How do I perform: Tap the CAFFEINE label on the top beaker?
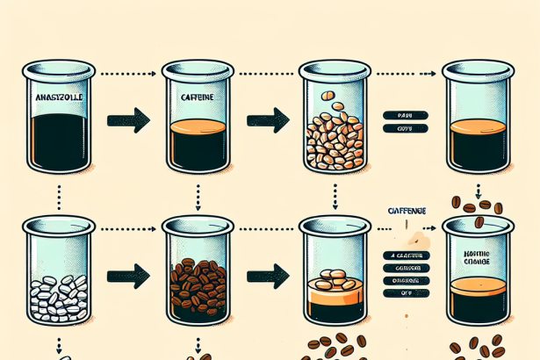click(x=194, y=100)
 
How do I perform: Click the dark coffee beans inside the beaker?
click(x=195, y=284)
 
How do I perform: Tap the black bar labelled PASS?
click(x=404, y=114)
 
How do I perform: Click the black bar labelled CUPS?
click(x=404, y=129)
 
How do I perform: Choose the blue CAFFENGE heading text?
click(x=407, y=212)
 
